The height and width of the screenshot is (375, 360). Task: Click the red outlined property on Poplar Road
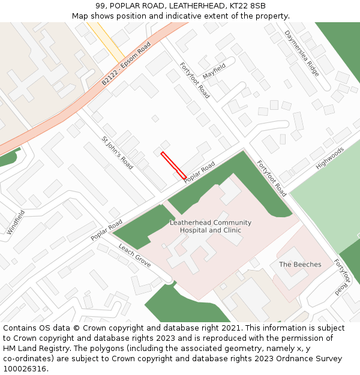[x=173, y=166]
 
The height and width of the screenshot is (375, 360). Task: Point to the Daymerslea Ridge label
[x=302, y=52]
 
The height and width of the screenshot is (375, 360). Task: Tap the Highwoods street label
[x=331, y=157]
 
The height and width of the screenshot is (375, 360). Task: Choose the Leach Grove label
[x=134, y=255]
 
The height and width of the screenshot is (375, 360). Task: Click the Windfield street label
[x=16, y=222]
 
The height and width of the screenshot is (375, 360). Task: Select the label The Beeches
[x=300, y=265]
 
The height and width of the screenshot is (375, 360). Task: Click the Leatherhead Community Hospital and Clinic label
[x=210, y=226]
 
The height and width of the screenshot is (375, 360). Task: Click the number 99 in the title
[x=100, y=5]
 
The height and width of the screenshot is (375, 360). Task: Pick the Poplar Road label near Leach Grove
[x=107, y=230]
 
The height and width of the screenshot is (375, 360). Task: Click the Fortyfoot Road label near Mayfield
[x=195, y=80]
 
